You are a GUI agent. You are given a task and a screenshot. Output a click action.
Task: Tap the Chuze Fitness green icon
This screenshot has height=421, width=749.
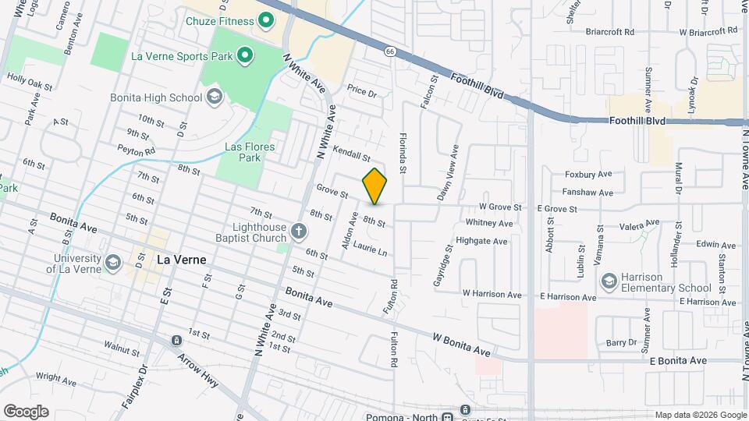(264, 20)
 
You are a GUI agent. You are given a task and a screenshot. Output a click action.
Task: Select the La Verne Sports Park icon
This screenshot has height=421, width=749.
(245, 55)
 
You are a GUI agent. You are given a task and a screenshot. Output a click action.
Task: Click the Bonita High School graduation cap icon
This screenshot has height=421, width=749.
(214, 97)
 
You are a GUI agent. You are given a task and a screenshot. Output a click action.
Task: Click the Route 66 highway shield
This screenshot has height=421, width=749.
(389, 51)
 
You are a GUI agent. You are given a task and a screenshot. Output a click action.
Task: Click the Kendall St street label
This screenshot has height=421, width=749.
(351, 153)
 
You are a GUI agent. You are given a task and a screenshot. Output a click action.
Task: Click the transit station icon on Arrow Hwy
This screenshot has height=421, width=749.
(177, 341)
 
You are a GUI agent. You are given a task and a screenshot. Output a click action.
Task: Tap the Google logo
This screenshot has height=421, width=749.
(27, 411)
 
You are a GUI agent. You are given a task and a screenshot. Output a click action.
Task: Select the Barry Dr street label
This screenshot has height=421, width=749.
(622, 343)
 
